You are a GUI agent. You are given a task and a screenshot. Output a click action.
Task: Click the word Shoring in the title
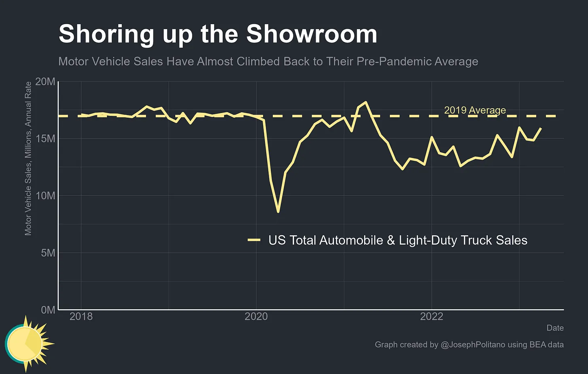(x=106, y=34)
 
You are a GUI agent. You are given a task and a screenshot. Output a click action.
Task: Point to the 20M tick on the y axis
(x=45, y=82)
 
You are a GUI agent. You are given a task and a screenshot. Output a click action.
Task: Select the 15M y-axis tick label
(x=45, y=139)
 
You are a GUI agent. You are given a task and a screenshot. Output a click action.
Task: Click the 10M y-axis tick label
(x=45, y=196)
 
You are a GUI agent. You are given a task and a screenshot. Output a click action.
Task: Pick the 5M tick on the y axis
(x=48, y=253)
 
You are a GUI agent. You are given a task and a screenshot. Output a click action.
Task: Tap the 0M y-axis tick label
(x=48, y=310)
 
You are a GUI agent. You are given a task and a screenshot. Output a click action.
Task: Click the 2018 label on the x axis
(x=81, y=316)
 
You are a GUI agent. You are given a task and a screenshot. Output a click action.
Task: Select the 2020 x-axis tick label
(x=256, y=316)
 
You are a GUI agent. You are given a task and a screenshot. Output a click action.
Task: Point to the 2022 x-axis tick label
(x=431, y=316)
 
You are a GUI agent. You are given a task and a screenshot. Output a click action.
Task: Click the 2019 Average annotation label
(x=475, y=110)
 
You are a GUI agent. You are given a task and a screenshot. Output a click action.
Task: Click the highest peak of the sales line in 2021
(x=366, y=102)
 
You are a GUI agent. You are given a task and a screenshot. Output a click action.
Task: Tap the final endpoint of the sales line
(x=541, y=128)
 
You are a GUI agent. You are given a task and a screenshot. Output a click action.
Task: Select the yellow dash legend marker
(x=254, y=240)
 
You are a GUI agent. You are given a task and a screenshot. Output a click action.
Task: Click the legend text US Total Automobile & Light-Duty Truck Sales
(x=398, y=240)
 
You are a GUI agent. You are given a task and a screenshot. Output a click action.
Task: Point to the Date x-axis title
(x=555, y=328)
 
